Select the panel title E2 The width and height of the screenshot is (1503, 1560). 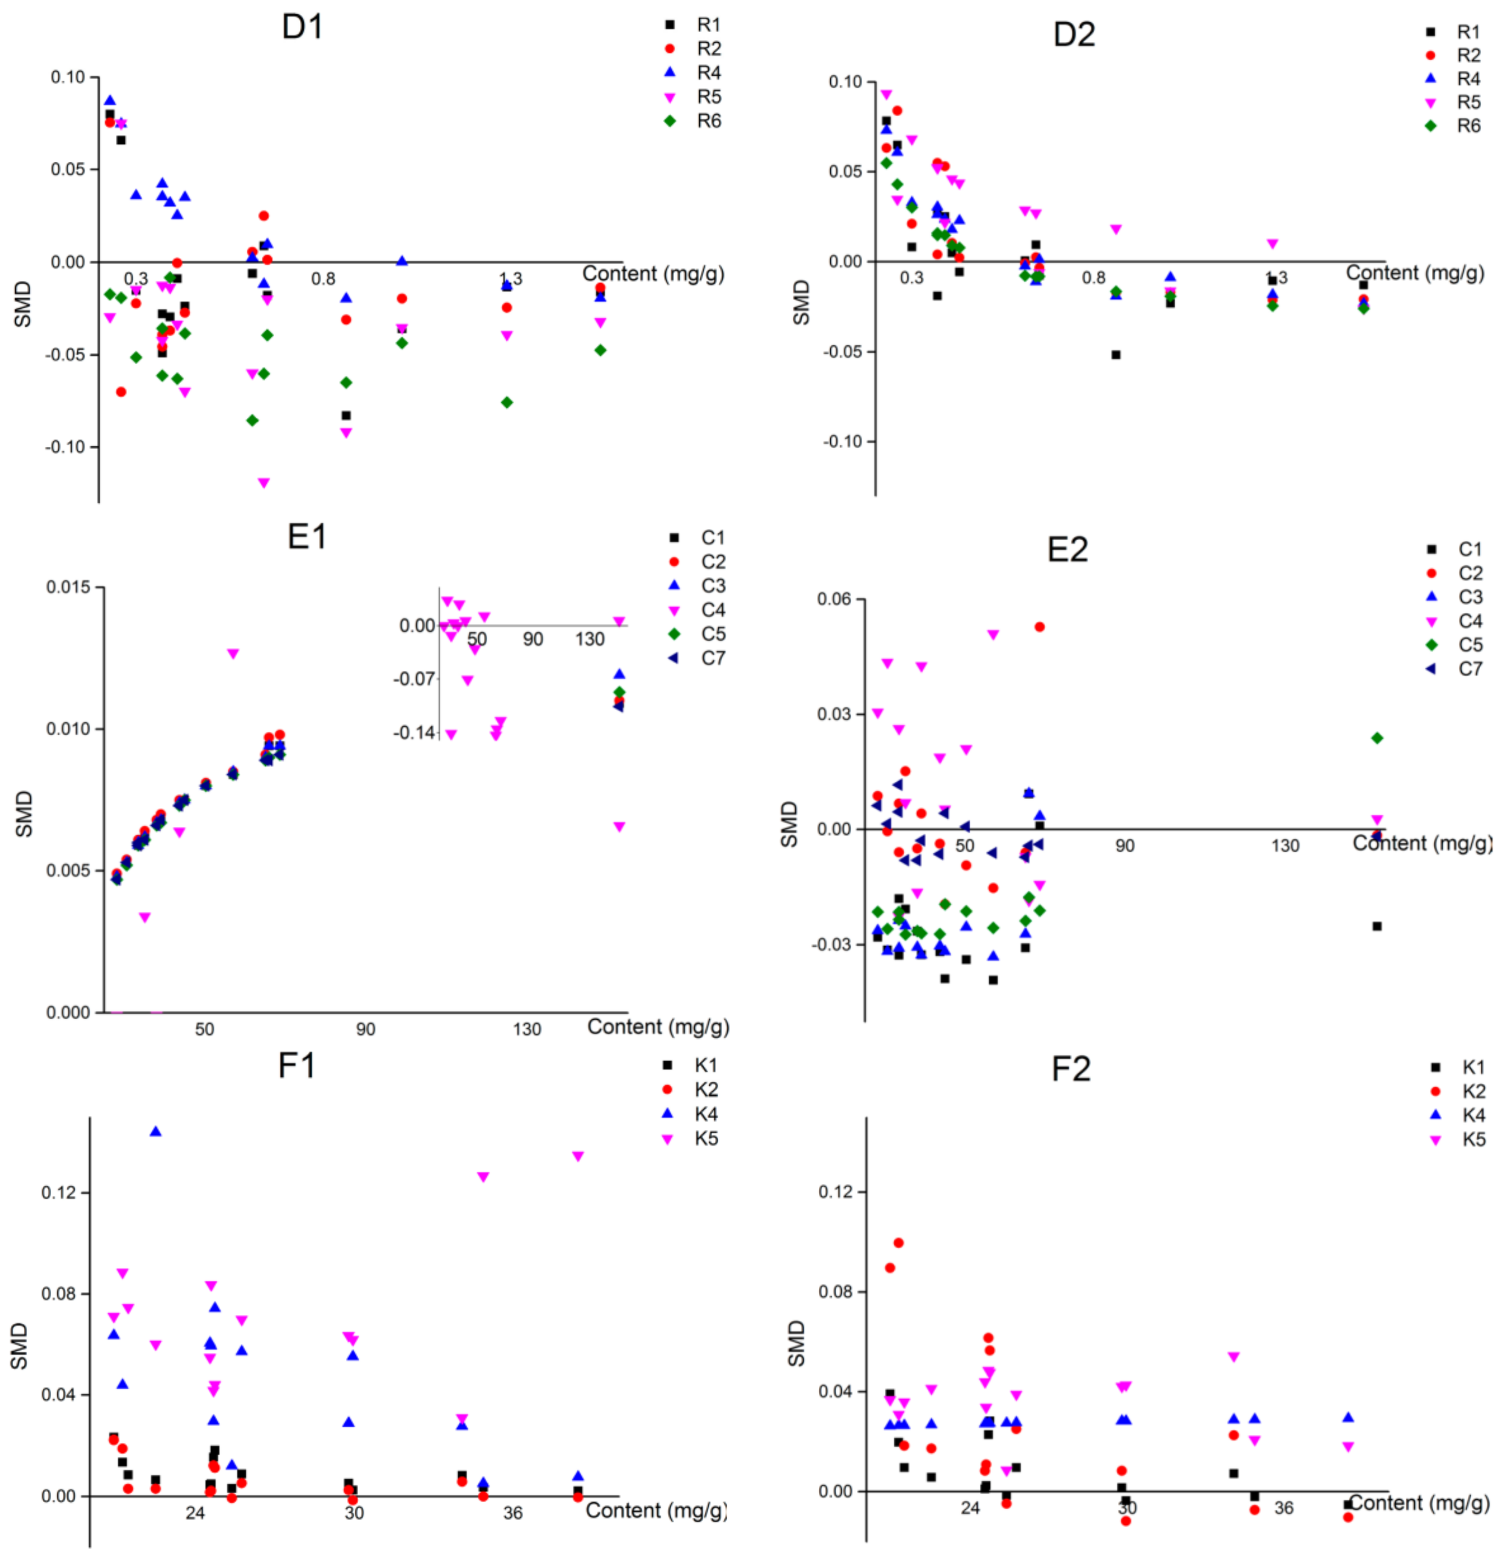[x=1067, y=549]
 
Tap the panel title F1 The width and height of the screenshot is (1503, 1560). [x=296, y=1065]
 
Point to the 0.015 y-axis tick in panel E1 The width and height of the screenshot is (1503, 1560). [x=68, y=587]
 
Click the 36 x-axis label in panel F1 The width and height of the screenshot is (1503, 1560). [x=513, y=1513]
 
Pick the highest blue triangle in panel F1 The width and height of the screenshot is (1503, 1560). [x=156, y=1131]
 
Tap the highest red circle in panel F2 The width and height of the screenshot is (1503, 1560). [x=899, y=1242]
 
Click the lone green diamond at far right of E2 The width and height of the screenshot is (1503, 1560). [x=1377, y=738]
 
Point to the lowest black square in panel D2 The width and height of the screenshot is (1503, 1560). [x=1116, y=355]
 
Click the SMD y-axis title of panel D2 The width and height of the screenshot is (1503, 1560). [x=801, y=303]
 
